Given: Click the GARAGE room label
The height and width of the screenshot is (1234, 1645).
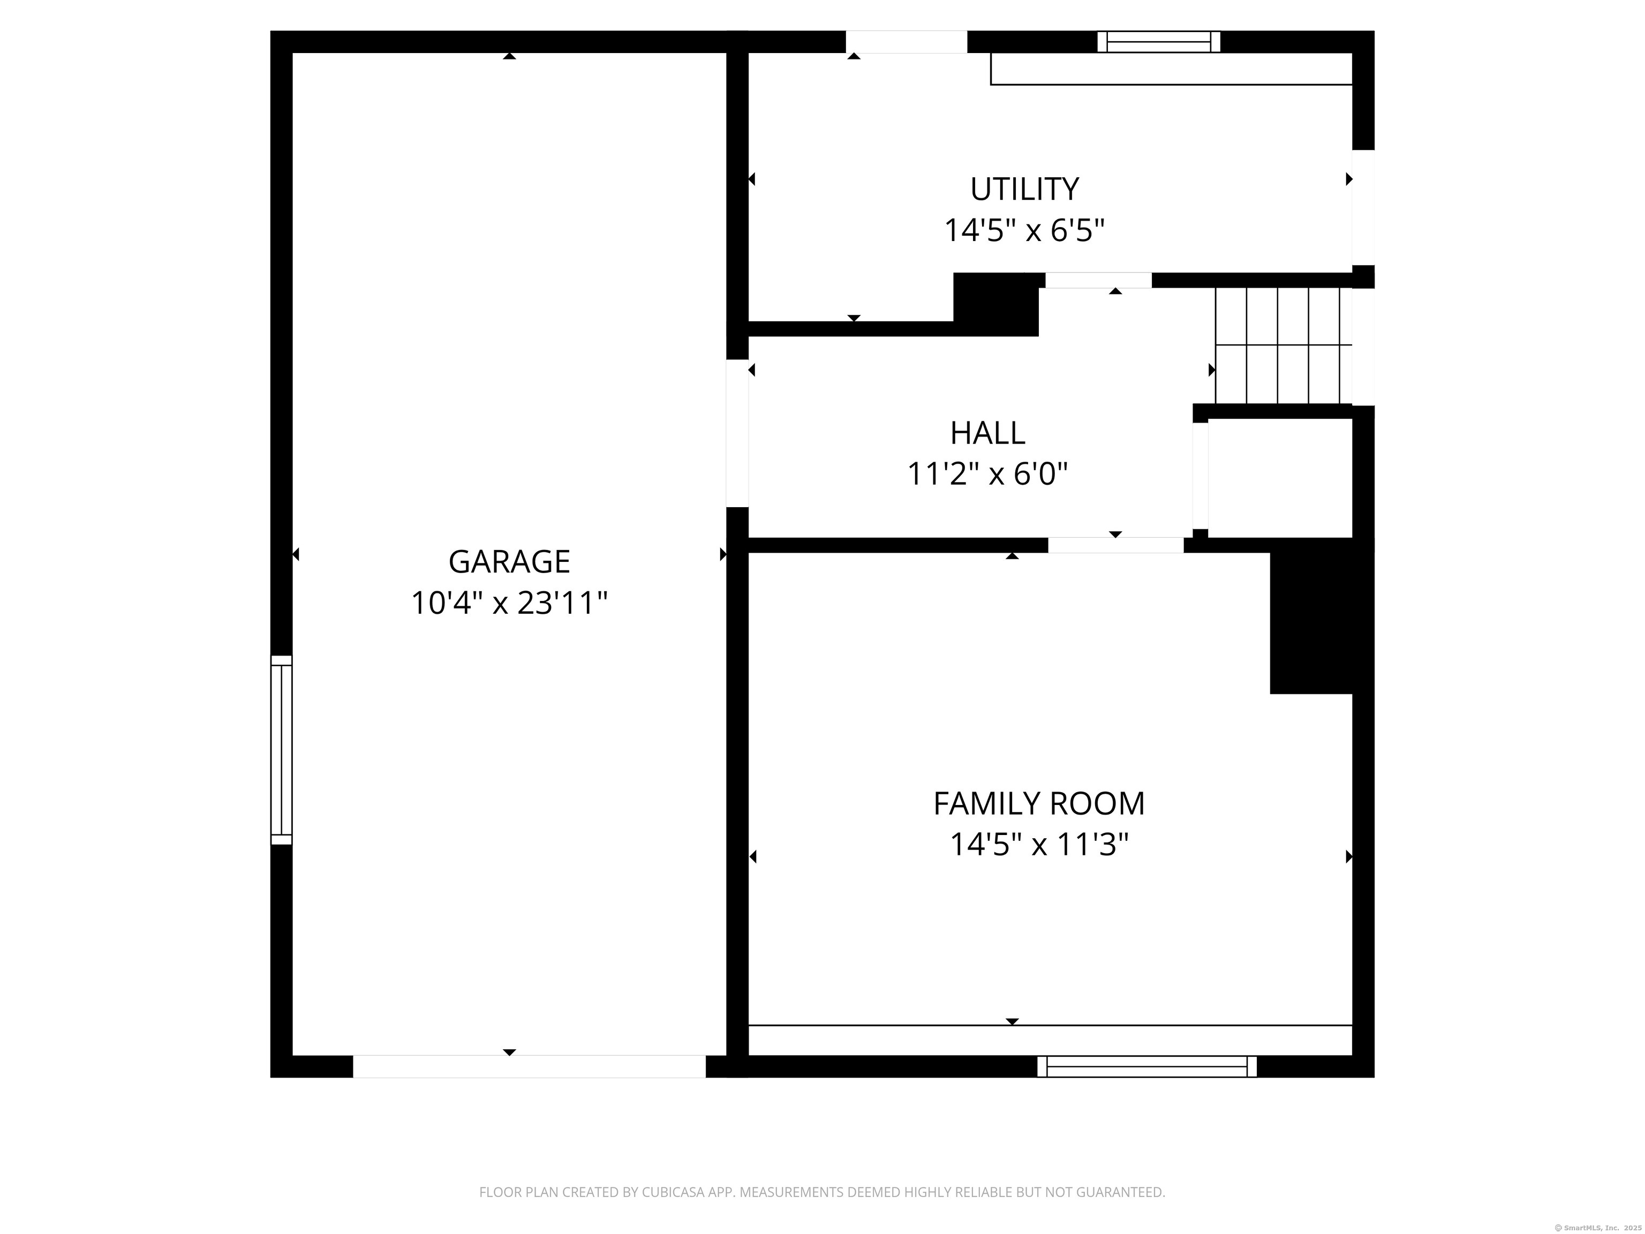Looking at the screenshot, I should click(x=509, y=562).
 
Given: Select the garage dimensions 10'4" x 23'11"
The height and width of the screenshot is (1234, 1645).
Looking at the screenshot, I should click(x=509, y=603).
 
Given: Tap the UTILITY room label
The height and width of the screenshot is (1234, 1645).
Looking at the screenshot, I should click(x=1024, y=190).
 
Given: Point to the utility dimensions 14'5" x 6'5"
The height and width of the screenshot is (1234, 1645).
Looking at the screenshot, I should click(x=1024, y=231).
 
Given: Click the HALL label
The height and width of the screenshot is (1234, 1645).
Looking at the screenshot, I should click(x=987, y=433).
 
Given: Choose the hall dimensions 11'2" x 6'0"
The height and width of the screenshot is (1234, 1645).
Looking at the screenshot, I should click(x=987, y=474).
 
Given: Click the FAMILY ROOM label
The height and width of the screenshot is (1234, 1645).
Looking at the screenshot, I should click(x=1038, y=803).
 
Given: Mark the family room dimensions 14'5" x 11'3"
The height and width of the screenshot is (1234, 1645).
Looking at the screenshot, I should click(x=1038, y=844).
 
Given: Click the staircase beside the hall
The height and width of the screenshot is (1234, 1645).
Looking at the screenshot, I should click(x=1283, y=346).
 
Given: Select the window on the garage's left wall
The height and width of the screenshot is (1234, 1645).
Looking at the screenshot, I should click(x=281, y=750).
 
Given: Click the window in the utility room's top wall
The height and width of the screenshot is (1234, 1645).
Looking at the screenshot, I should click(x=1159, y=42).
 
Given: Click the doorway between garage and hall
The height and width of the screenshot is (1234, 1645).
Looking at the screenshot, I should click(x=737, y=433).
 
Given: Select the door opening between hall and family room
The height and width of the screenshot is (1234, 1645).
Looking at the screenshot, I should click(x=1115, y=545).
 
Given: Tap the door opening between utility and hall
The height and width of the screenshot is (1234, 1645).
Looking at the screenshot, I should click(x=1098, y=281).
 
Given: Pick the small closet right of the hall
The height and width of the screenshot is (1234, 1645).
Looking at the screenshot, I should click(x=1279, y=478).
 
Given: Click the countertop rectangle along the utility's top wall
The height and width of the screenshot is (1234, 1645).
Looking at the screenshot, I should click(x=1171, y=69).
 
